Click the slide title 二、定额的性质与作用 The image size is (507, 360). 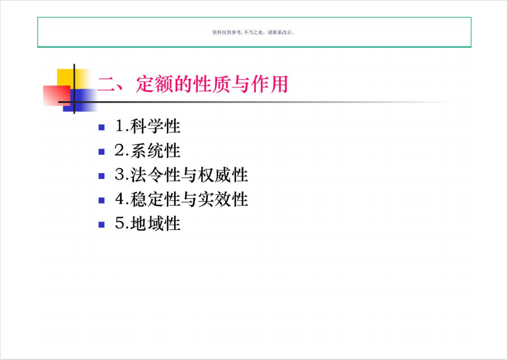[x=193, y=84]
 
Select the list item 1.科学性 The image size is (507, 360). [x=148, y=126]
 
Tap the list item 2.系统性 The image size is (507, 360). [x=148, y=151]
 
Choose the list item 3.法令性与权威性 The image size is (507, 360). [x=181, y=175]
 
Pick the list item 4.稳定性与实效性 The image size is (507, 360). [x=181, y=199]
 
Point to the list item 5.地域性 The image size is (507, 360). [x=148, y=223]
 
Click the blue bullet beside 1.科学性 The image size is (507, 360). [x=102, y=128]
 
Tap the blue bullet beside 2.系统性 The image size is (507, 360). [x=102, y=152]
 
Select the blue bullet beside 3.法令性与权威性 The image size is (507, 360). [x=102, y=176]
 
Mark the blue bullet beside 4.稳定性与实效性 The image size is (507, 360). [x=102, y=200]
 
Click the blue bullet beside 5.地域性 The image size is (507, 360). [x=102, y=225]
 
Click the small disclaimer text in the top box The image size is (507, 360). [x=253, y=33]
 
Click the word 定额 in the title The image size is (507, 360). [x=155, y=84]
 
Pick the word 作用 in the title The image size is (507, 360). [x=269, y=84]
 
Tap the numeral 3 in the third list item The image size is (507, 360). [x=120, y=175]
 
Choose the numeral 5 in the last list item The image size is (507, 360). [x=120, y=223]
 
